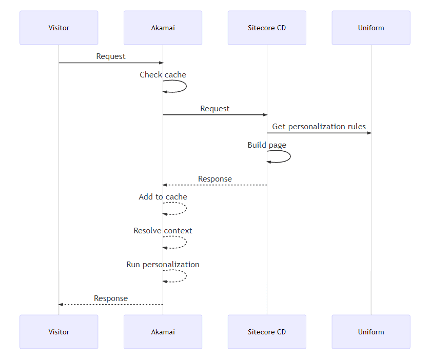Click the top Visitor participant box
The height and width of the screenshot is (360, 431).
pyautogui.click(x=58, y=28)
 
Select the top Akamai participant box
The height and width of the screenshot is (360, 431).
pyautogui.click(x=163, y=28)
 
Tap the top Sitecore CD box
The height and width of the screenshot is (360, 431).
pyautogui.click(x=267, y=28)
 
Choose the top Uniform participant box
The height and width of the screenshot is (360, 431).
pyautogui.click(x=371, y=28)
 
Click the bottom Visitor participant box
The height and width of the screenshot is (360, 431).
pyautogui.click(x=58, y=332)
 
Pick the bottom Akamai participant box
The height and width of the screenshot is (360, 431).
pyautogui.click(x=163, y=332)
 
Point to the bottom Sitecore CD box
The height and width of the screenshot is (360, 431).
pyautogui.click(x=267, y=332)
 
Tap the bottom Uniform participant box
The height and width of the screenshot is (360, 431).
pyautogui.click(x=371, y=332)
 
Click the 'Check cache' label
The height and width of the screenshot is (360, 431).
pyautogui.click(x=163, y=75)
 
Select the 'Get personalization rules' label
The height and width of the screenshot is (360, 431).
pyautogui.click(x=319, y=127)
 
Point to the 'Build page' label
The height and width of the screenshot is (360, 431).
pyautogui.click(x=267, y=145)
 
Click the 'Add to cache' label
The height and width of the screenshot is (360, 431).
pyautogui.click(x=163, y=197)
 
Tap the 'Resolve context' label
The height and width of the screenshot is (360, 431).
pyautogui.click(x=163, y=231)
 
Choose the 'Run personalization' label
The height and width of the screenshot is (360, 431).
pyautogui.click(x=163, y=265)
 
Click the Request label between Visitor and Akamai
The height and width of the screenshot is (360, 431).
pyautogui.click(x=111, y=56)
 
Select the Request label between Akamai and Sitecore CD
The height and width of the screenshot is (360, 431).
pyautogui.click(x=215, y=109)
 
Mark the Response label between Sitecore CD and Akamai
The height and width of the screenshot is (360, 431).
pyautogui.click(x=215, y=179)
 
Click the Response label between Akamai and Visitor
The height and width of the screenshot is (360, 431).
pyautogui.click(x=111, y=298)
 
